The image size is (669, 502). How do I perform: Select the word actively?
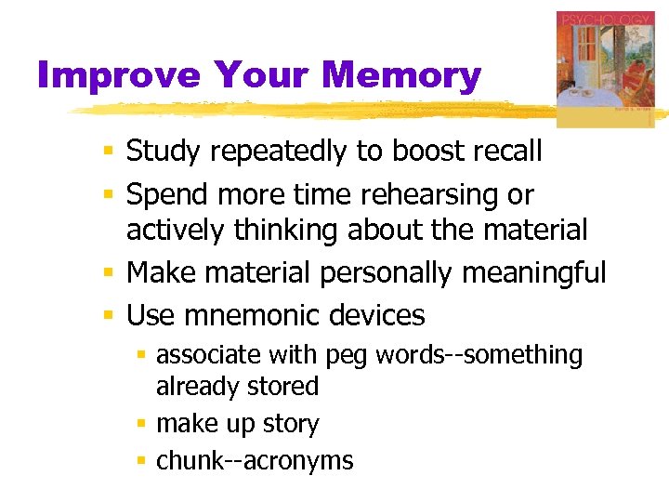[175, 229]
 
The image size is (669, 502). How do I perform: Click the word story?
[291, 425]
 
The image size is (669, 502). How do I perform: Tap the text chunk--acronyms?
[255, 460]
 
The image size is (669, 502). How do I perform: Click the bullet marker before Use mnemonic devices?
[109, 316]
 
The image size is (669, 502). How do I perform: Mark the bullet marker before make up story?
[142, 424]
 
